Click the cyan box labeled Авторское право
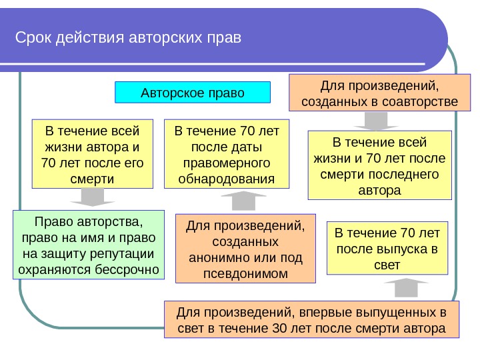click(x=193, y=92)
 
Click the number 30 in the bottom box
click(x=281, y=329)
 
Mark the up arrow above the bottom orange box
click(x=405, y=288)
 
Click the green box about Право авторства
click(x=88, y=245)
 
